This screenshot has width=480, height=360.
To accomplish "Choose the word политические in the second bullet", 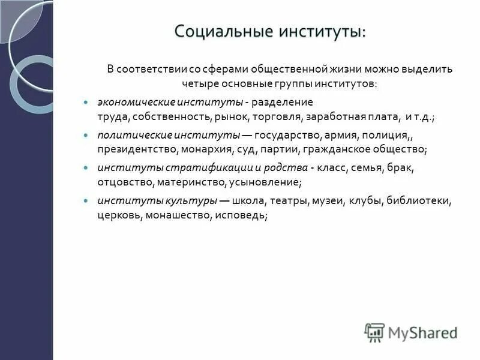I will [128, 136].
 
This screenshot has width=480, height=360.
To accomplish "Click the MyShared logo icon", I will [374, 332].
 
